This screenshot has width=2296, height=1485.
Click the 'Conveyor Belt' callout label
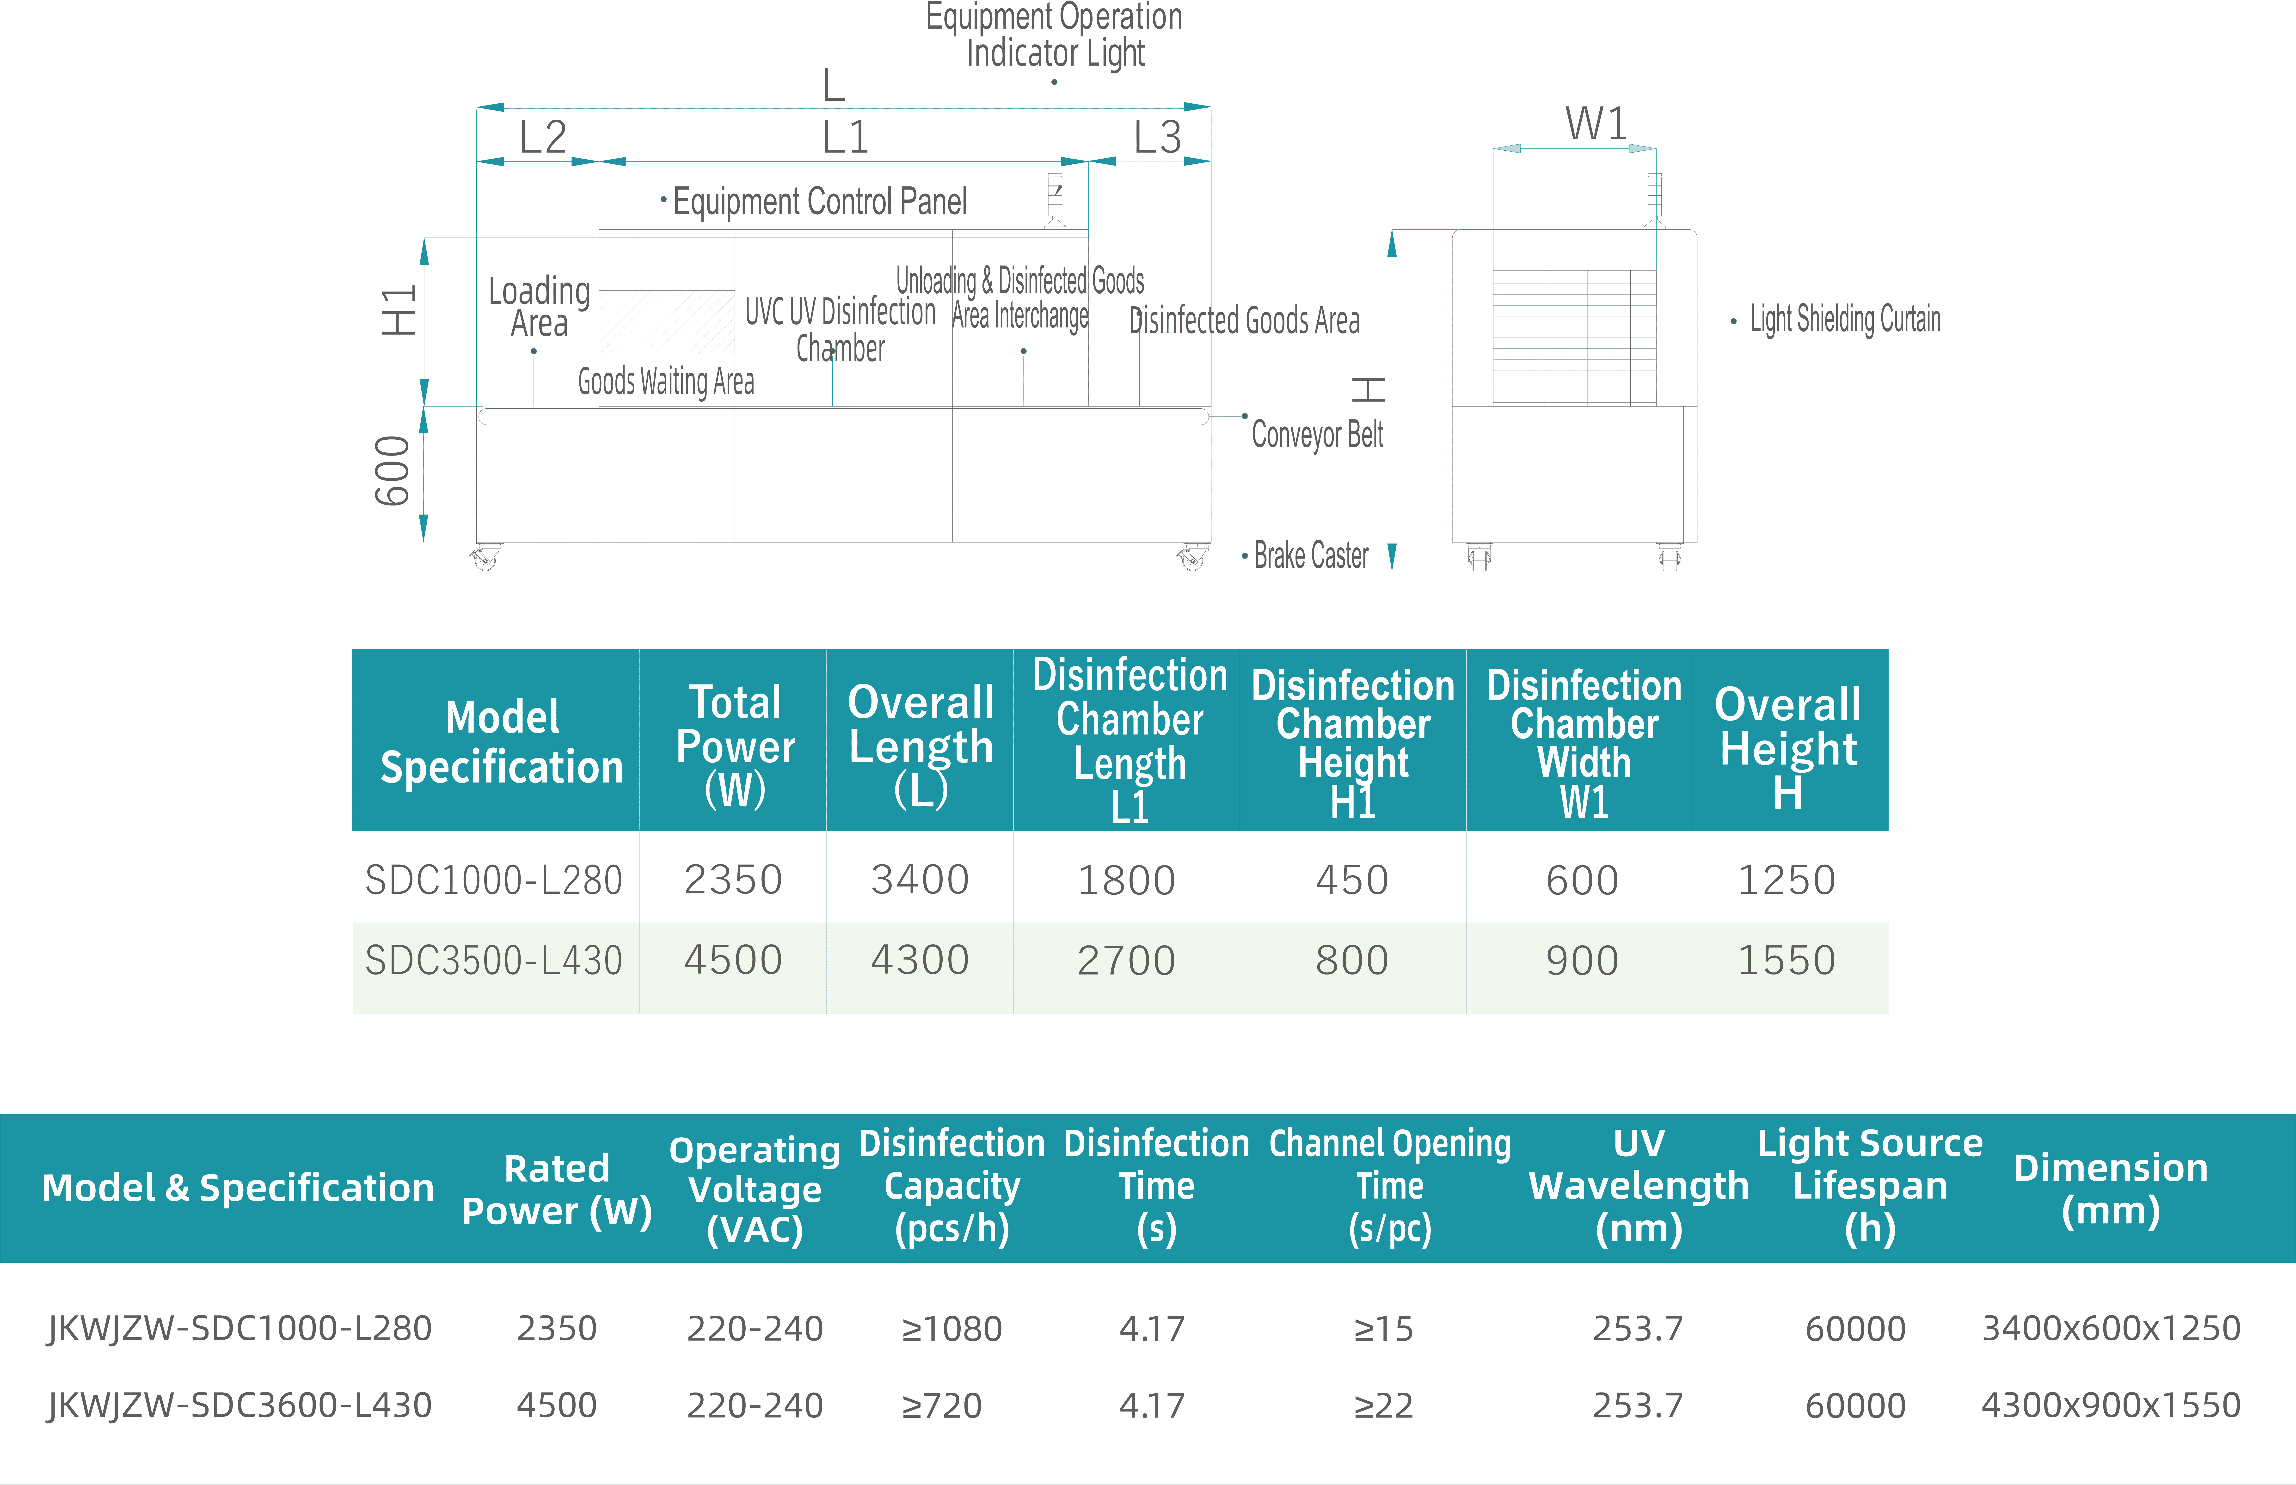[x=1317, y=435]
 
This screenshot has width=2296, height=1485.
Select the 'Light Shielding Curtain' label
[x=1845, y=319]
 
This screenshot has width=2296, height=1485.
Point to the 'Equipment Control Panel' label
[x=819, y=202]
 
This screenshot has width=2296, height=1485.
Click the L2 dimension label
[x=543, y=137]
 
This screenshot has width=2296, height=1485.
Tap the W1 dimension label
[x=1596, y=123]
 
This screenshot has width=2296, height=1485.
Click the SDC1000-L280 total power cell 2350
[x=733, y=879]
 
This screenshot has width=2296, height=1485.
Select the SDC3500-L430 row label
[x=493, y=961]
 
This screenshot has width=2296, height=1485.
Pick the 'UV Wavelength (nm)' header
[x=1639, y=1185]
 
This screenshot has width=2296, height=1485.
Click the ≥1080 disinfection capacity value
[x=951, y=1329]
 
